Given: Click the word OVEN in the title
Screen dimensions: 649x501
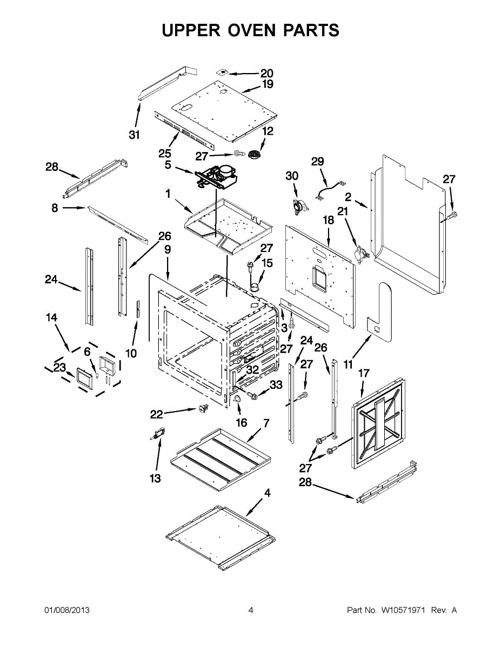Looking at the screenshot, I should [x=250, y=30].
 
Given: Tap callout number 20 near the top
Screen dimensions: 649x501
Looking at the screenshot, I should [x=266, y=74].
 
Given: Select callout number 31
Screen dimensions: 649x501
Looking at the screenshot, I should [x=134, y=135].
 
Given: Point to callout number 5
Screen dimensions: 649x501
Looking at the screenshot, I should [x=168, y=165].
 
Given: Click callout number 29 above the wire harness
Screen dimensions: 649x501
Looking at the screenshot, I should [x=317, y=161].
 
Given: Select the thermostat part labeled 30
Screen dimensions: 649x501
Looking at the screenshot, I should [x=297, y=205].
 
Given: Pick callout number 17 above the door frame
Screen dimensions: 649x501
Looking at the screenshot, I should [x=364, y=373].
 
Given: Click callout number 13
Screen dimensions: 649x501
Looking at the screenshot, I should [x=155, y=479].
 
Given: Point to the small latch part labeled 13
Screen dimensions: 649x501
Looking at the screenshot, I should [x=158, y=433].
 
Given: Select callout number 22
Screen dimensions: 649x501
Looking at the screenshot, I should [x=156, y=414].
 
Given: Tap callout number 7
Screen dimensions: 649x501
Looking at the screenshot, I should [x=266, y=422].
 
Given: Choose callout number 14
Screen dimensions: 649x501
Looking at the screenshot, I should [x=51, y=318].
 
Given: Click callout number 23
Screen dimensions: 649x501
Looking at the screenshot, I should [x=59, y=368].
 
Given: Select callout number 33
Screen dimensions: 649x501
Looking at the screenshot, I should [x=276, y=385].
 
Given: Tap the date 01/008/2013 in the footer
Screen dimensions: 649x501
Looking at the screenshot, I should [x=66, y=610].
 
